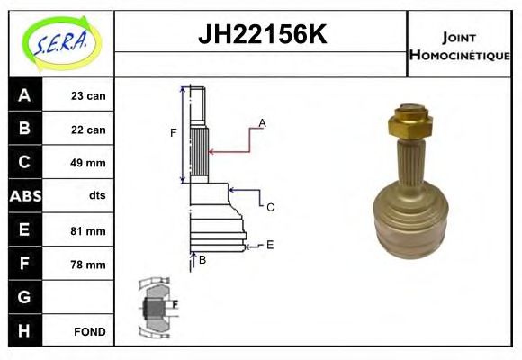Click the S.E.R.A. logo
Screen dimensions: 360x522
coord(61,43)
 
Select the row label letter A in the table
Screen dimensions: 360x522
coord(24,95)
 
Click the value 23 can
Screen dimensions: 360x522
coord(88,96)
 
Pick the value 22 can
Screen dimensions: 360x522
coord(88,130)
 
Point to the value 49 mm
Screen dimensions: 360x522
coord(88,163)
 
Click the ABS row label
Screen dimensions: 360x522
coord(24,196)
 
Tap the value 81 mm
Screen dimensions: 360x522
coord(88,231)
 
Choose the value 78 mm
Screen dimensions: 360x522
coord(88,265)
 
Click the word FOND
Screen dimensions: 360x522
coord(89,331)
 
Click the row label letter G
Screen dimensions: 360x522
coord(24,297)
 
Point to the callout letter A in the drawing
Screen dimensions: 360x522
coord(262,122)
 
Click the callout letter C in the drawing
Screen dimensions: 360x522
coord(269,207)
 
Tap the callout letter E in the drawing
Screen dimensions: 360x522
coord(269,244)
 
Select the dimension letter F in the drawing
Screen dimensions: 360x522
coord(174,133)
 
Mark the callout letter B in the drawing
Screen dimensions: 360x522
coord(202,260)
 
